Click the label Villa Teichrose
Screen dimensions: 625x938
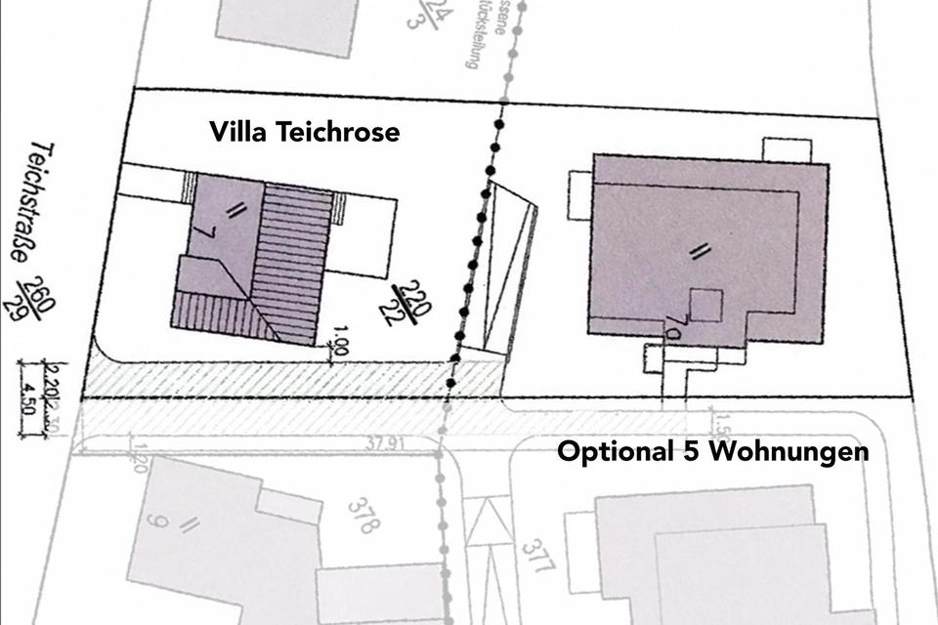305,133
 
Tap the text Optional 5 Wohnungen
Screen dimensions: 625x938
712,452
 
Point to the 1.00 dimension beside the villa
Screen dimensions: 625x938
340,346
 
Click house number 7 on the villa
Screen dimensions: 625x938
202,234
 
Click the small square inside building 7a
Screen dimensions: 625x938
705,306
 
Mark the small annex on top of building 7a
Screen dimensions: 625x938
787,150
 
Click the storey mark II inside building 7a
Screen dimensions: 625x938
697,252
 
